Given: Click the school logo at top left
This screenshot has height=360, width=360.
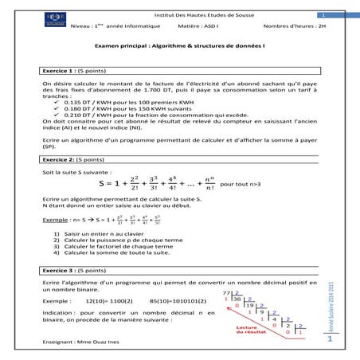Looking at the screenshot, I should [53, 24].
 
